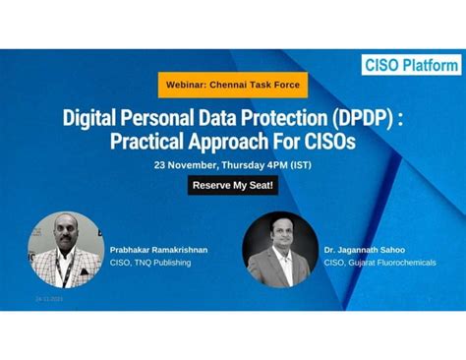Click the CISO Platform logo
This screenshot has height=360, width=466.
point(410,64)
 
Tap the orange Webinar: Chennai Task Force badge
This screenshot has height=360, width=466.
point(233,85)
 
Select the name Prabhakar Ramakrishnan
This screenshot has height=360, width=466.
point(158,250)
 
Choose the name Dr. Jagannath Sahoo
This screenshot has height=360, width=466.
point(365,250)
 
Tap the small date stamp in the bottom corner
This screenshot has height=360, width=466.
point(49,298)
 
